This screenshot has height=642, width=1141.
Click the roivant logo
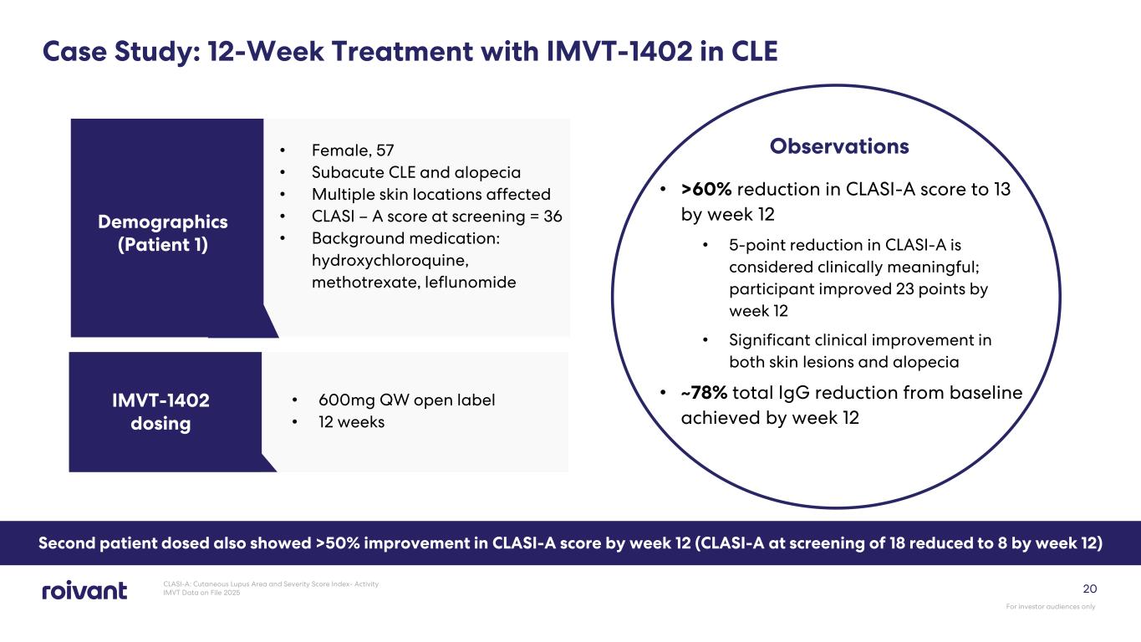84,590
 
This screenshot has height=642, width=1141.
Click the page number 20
1088,588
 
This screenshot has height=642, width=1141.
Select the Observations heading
839,146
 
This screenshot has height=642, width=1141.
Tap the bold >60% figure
706,190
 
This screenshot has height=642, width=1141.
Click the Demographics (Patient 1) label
163,233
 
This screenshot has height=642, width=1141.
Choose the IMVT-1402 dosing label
160,411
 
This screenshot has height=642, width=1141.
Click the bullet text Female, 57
352,150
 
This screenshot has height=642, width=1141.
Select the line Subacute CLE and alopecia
415,172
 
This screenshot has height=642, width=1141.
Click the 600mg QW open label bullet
406,400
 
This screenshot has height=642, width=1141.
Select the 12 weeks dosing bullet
351,422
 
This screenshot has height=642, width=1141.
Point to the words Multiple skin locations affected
430,194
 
